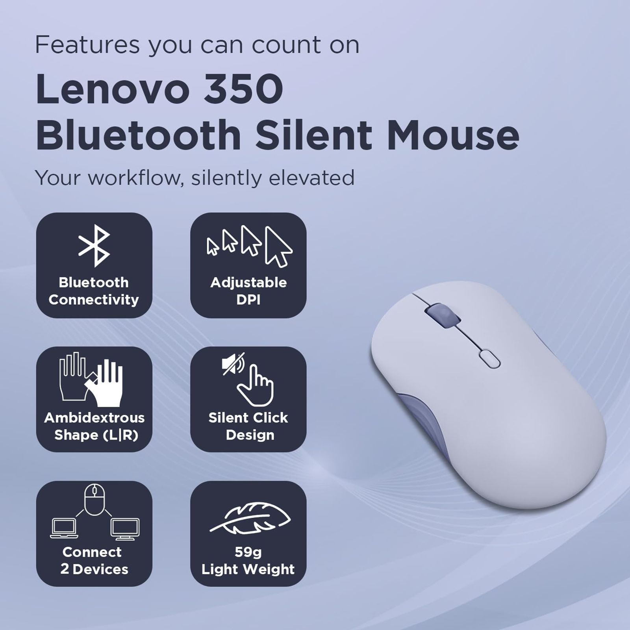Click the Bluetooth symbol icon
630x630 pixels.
[x=94, y=246]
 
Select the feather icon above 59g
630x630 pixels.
[x=250, y=517]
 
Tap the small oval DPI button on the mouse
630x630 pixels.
[x=489, y=359]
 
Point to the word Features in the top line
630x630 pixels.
[x=87, y=44]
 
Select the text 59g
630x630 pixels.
[x=248, y=552]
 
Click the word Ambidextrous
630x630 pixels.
[x=94, y=417]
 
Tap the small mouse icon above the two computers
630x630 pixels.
[x=94, y=499]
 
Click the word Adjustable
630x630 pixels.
[x=248, y=282]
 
